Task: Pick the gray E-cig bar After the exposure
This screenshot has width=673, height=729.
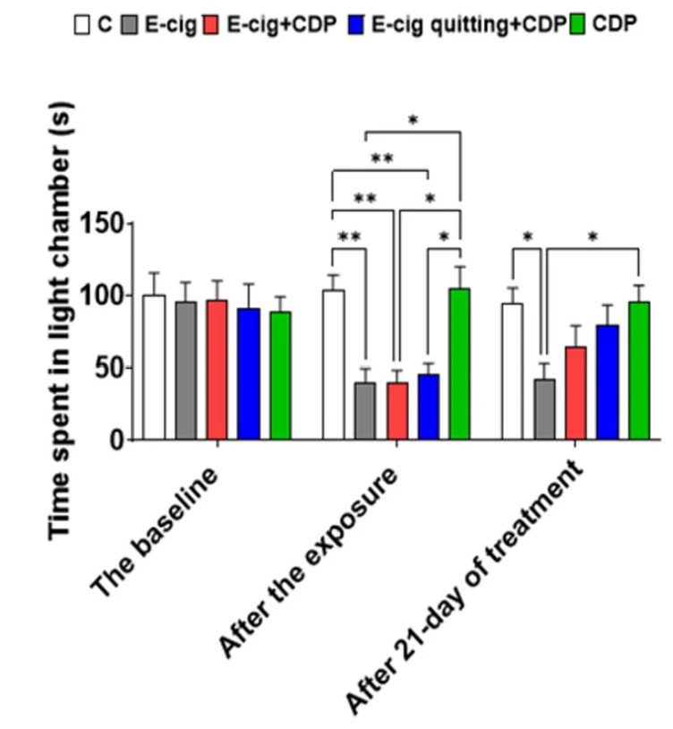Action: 365,412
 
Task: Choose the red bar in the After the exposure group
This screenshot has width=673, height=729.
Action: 396,412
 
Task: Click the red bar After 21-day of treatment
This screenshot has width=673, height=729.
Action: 576,394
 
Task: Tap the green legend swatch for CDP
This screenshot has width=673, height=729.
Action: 578,24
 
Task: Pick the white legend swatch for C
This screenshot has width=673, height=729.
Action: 82,24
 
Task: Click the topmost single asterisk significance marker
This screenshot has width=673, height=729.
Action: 413,120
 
